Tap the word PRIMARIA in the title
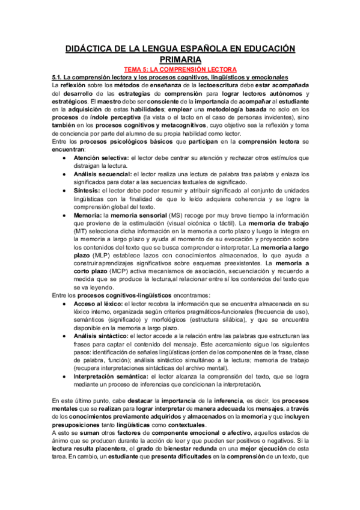(180, 60)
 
